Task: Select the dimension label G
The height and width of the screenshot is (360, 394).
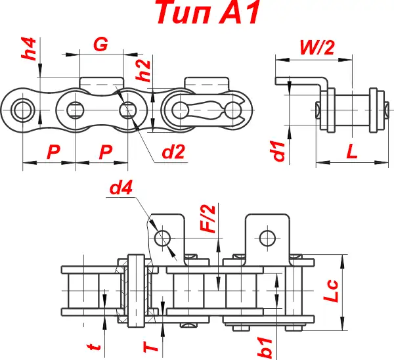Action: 100,44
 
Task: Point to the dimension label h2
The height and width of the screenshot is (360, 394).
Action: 145,70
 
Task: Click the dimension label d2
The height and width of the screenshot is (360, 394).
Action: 173,152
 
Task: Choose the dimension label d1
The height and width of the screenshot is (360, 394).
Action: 279,150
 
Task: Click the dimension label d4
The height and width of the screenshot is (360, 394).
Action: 121,189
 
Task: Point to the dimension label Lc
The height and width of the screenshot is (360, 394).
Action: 333,290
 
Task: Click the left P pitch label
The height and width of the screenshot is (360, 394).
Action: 54,152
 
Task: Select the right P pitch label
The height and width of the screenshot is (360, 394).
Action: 105,152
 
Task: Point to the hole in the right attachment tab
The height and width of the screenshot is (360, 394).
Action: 267,236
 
